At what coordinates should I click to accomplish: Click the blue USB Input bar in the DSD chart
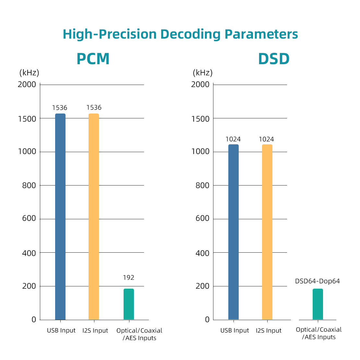click(234, 232)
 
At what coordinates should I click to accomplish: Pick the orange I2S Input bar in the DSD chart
click(267, 232)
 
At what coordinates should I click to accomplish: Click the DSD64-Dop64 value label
click(317, 281)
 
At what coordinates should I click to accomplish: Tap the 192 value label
click(128, 278)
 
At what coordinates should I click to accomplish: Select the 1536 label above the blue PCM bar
click(60, 108)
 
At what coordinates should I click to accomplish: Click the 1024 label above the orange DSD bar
click(266, 139)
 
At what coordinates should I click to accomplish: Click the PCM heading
click(93, 59)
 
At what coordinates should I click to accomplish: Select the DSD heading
click(274, 59)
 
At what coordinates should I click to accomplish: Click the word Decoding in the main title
click(190, 34)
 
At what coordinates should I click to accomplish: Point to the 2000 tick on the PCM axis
click(27, 85)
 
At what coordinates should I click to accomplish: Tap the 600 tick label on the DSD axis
click(202, 219)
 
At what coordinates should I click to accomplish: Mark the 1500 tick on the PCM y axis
click(27, 119)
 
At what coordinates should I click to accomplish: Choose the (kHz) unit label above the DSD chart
click(203, 73)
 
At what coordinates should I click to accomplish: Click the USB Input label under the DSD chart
click(234, 330)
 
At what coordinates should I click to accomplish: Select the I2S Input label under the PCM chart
click(95, 330)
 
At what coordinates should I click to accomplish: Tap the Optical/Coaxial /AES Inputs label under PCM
click(139, 334)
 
